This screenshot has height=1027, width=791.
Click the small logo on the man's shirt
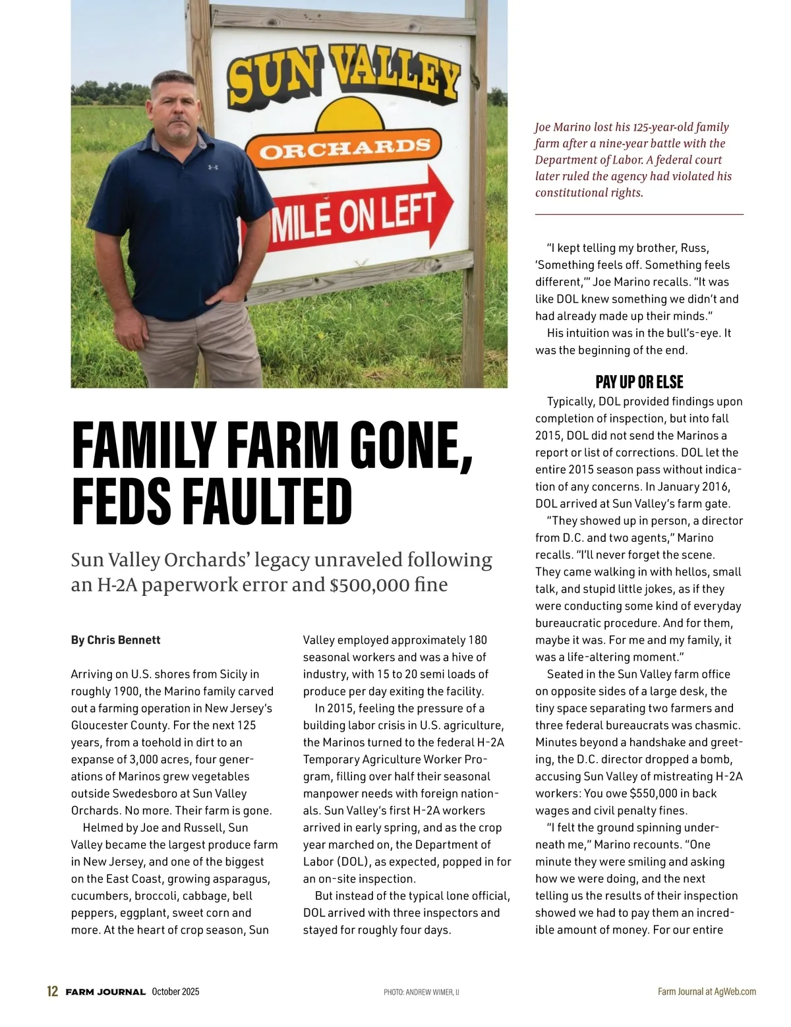[x=213, y=167]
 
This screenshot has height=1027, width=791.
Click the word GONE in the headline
[x=410, y=445]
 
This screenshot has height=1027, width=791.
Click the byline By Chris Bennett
[x=116, y=640]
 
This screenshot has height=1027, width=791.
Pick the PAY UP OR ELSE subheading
[x=639, y=382]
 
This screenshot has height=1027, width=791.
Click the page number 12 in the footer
[x=53, y=991]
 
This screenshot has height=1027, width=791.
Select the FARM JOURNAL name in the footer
[x=105, y=992]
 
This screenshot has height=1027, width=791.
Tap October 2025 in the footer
[x=175, y=991]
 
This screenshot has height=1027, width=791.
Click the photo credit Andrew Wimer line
[x=421, y=992]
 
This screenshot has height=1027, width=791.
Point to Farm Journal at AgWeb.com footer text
[x=707, y=991]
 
